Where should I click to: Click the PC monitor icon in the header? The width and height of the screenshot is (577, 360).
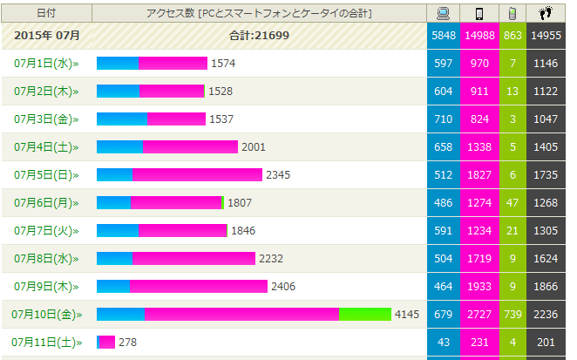443,13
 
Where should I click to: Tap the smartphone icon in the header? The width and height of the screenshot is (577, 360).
479,13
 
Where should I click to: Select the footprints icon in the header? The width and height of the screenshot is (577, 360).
546,13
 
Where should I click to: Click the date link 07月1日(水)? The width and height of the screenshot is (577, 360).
46,64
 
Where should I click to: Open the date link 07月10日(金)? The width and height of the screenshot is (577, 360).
46,315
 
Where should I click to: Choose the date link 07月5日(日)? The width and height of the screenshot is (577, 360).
46,175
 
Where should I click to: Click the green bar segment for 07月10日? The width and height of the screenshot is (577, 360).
364,315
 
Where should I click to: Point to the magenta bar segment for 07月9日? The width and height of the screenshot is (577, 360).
198,287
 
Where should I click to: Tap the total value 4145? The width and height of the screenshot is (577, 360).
408,315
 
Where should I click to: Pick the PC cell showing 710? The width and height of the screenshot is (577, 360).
443,119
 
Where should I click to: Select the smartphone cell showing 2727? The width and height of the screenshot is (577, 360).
479,315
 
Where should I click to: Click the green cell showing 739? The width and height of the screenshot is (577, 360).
513,315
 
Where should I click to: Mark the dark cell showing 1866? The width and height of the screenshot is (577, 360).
546,287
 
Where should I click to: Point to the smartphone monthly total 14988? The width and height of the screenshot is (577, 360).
479,36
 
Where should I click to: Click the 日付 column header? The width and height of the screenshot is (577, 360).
46,13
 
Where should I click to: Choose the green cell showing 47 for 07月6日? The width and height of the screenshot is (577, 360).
513,203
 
